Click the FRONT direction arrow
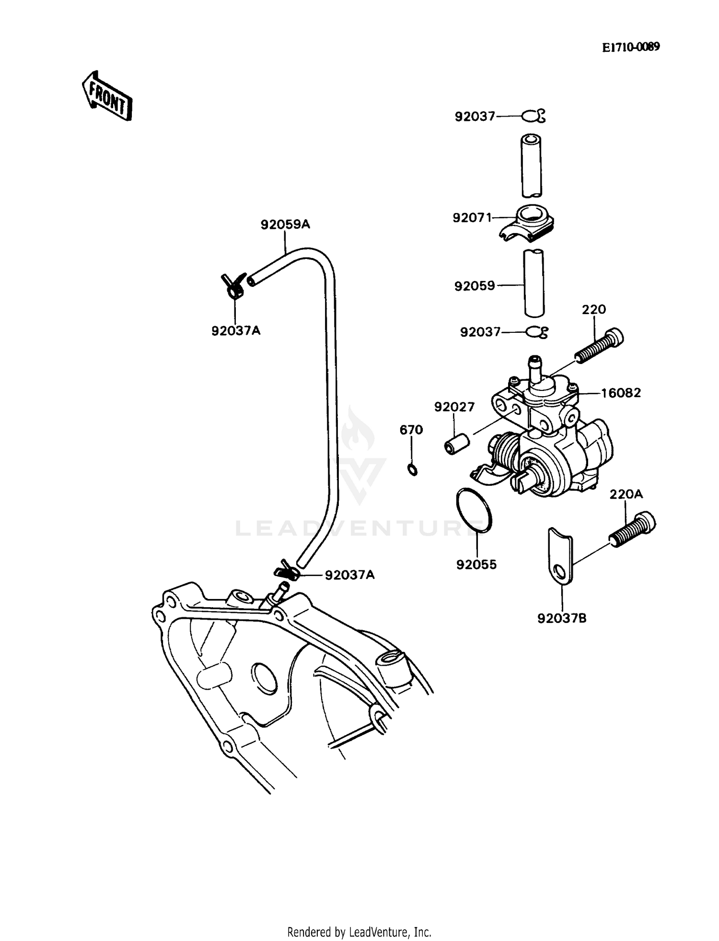(x=106, y=96)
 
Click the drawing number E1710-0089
(x=630, y=47)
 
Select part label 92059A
(x=285, y=224)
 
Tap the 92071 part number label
(x=472, y=218)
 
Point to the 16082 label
(x=621, y=393)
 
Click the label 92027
(x=454, y=407)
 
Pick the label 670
(x=411, y=430)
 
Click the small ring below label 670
(x=412, y=469)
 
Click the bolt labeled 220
(x=599, y=346)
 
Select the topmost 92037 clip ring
(x=533, y=116)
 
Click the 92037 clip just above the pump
(x=537, y=332)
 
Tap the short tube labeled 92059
(x=533, y=283)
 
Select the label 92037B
(x=562, y=618)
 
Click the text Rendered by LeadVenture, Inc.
(x=359, y=932)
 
